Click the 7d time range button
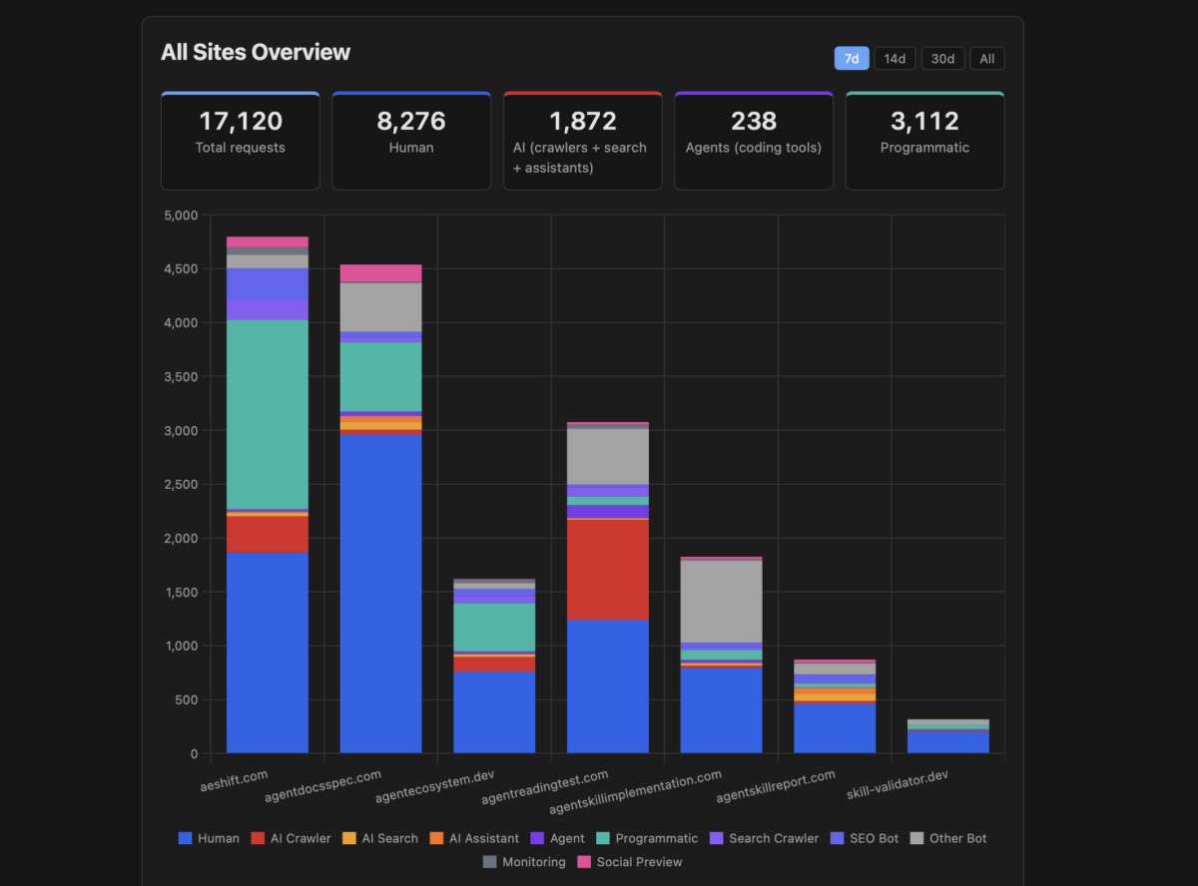pyautogui.click(x=852, y=59)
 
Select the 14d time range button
pyautogui.click(x=895, y=59)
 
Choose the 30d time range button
pyautogui.click(x=942, y=59)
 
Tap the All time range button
pyautogui.click(x=986, y=59)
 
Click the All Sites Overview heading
pyautogui.click(x=256, y=52)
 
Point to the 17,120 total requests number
pyautogui.click(x=241, y=122)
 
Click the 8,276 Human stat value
pyautogui.click(x=411, y=122)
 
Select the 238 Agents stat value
pyautogui.click(x=754, y=122)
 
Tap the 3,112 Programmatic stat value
pyautogui.click(x=924, y=122)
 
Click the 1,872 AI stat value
pyautogui.click(x=583, y=122)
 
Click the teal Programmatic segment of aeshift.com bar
pyautogui.click(x=268, y=414)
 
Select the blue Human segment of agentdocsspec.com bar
pyautogui.click(x=380, y=594)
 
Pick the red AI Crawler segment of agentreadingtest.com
pyautogui.click(x=608, y=569)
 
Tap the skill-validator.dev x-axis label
pyautogui.click(x=897, y=786)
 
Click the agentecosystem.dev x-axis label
pyautogui.click(x=433, y=787)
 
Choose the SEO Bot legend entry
pyautogui.click(x=865, y=838)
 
